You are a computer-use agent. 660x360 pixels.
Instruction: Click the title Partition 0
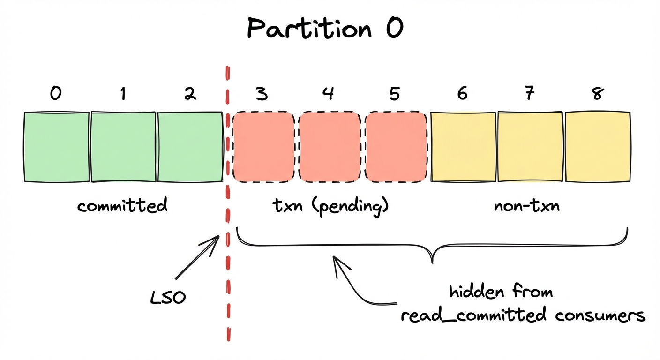point(325,30)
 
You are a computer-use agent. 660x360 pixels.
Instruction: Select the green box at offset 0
point(56,147)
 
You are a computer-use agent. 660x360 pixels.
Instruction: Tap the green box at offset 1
point(123,147)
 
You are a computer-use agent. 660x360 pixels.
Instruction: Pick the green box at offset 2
point(190,147)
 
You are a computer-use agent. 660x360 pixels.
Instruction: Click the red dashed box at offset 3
point(263,147)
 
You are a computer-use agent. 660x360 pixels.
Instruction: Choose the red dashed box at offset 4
point(330,147)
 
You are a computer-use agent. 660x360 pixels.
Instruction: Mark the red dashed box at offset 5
point(396,147)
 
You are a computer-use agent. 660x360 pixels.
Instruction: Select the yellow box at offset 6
point(463,147)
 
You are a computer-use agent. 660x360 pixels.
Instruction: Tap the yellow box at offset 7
point(530,147)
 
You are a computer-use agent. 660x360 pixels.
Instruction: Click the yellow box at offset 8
point(597,147)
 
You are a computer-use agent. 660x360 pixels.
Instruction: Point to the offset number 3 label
point(262,94)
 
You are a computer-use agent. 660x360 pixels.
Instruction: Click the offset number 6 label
point(462,94)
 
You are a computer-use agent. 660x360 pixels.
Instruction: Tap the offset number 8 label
point(597,94)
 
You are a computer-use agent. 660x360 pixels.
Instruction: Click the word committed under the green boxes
point(122,205)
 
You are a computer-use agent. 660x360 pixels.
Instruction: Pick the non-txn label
point(527,205)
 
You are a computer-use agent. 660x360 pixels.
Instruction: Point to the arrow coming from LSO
point(197,258)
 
